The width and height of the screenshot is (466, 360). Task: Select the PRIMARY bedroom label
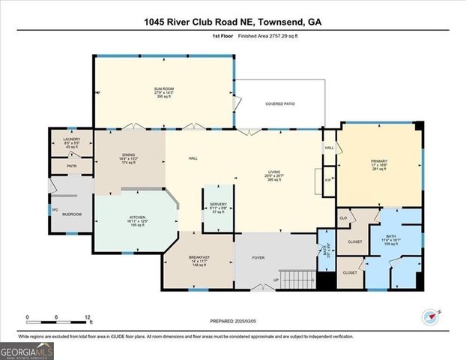point(379,161)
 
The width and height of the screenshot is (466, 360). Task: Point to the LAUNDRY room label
point(71,139)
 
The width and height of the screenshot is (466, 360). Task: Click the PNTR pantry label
point(72,166)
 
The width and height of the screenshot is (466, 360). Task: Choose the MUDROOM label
point(71,215)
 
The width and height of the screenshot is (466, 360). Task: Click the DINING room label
point(128,154)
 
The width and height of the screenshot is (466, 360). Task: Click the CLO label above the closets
point(343,218)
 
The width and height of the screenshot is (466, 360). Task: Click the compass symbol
point(429,316)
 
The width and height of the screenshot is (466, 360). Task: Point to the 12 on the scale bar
point(89,316)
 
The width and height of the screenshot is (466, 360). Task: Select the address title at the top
point(233,22)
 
